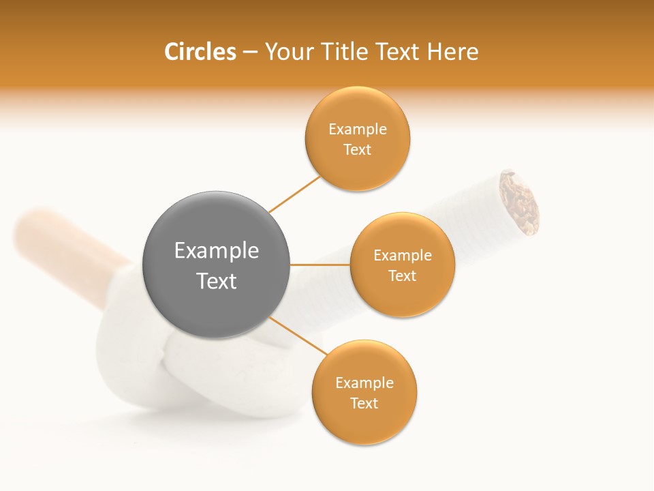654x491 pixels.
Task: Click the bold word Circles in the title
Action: coord(200,52)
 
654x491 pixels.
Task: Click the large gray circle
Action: coord(216,265)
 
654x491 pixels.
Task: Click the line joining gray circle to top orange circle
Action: coord(294,194)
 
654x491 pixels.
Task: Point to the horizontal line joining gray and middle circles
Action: coord(320,265)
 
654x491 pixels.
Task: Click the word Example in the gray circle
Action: coord(216,251)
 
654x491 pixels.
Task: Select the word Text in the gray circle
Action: coord(216,281)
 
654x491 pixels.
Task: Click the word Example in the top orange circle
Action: coord(357,129)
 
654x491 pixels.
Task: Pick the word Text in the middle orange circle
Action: coord(402,276)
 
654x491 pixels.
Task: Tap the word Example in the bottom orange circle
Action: coord(364,383)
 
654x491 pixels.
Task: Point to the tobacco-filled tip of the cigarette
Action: coord(520,202)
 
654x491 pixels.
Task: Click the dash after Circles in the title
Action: coord(249,53)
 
